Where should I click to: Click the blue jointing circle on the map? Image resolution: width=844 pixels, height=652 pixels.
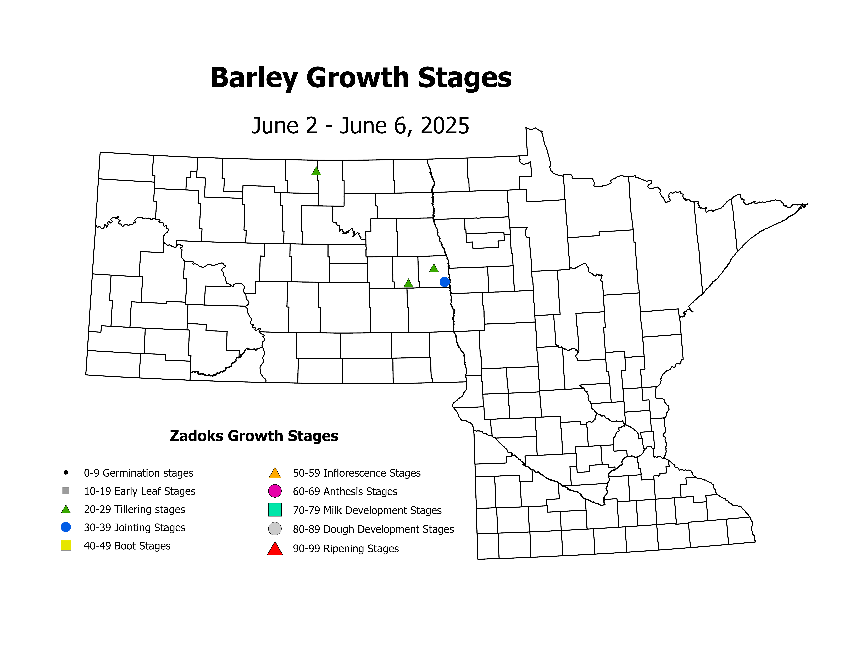tap(444, 282)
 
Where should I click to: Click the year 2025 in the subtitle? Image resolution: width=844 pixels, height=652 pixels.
tap(445, 126)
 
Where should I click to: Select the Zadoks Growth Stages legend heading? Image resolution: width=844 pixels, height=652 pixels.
tap(254, 436)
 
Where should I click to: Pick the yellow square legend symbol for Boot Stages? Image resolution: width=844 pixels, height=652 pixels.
tap(66, 545)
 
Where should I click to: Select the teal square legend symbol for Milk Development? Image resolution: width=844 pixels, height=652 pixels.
tap(275, 510)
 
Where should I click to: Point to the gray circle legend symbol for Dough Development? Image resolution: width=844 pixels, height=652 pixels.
tap(275, 529)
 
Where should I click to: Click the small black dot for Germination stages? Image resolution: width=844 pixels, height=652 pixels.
tap(66, 472)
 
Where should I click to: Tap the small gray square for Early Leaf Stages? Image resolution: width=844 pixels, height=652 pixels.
tap(66, 491)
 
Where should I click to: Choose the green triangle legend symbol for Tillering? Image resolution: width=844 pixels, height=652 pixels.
tap(66, 509)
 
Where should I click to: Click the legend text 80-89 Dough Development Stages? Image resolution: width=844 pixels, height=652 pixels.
tap(373, 529)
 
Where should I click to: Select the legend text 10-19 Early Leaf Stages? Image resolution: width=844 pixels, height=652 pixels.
tap(140, 491)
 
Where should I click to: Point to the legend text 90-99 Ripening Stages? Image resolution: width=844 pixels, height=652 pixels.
tap(346, 549)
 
